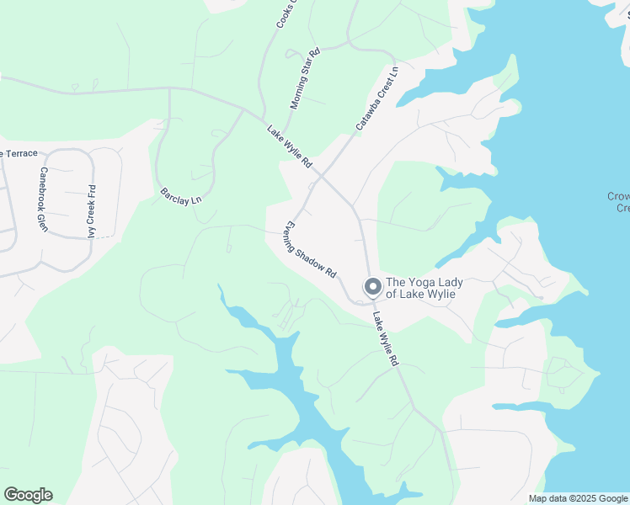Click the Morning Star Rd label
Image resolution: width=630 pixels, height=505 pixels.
306,79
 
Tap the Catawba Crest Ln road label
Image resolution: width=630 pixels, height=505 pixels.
376,99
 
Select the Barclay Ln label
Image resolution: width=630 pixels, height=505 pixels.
181,195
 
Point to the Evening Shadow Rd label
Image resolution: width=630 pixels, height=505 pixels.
309,251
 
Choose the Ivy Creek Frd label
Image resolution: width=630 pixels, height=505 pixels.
91,211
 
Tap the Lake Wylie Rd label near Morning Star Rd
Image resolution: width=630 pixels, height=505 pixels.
291,146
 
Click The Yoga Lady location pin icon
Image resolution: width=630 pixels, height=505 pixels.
371,287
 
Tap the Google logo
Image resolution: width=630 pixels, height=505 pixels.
28,495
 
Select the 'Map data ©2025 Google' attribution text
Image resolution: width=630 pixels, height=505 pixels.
578,499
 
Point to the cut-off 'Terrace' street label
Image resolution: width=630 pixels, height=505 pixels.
19,153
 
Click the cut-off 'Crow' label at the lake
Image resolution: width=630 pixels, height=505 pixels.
618,202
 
